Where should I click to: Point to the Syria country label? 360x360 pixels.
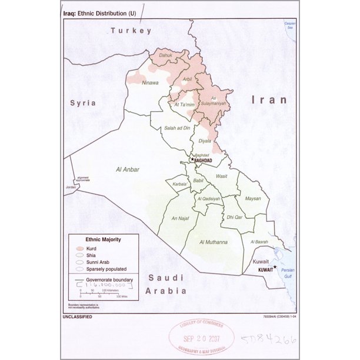click(x=83, y=102)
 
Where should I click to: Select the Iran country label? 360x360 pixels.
click(x=269, y=100)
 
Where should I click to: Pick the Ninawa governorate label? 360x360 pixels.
click(x=151, y=83)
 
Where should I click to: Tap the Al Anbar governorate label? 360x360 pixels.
click(x=128, y=169)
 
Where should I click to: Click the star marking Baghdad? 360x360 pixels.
click(x=192, y=159)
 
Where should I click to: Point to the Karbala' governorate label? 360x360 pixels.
click(x=179, y=184)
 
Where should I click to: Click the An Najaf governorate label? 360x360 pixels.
click(x=180, y=218)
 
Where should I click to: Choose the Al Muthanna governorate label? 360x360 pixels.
click(x=213, y=242)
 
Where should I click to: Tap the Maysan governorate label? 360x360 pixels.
click(x=253, y=198)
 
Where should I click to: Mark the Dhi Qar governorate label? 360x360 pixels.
click(x=234, y=217)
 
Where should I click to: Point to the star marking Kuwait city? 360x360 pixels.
click(x=275, y=267)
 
